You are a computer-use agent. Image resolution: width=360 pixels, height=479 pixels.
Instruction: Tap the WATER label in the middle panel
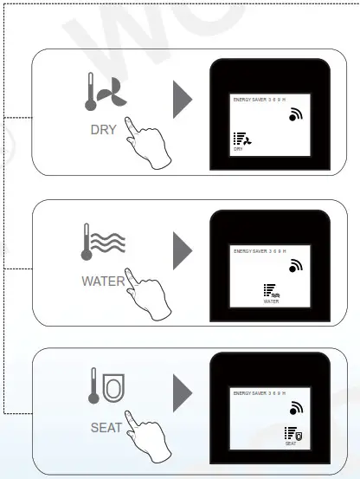[103, 281]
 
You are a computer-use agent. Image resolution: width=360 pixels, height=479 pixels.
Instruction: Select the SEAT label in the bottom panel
[106, 428]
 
